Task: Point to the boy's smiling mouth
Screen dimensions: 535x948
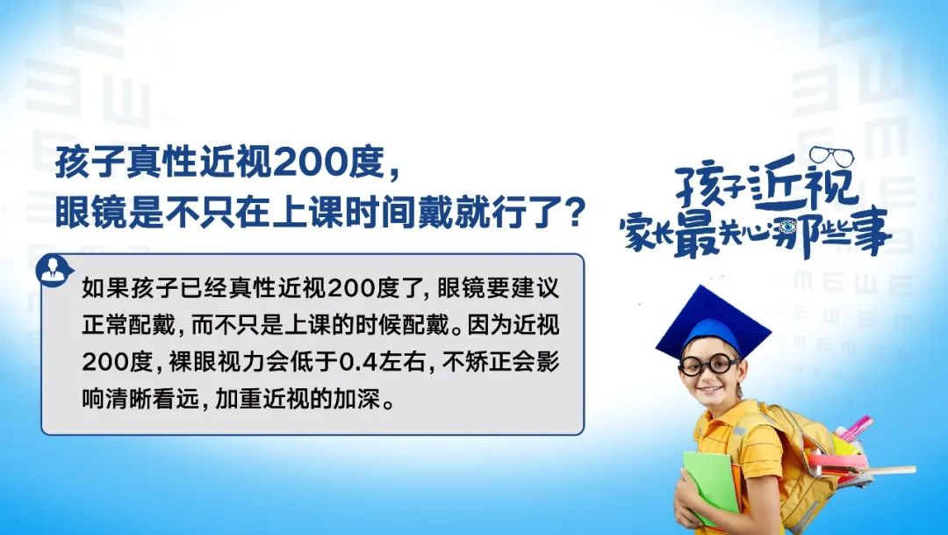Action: (711, 387)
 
